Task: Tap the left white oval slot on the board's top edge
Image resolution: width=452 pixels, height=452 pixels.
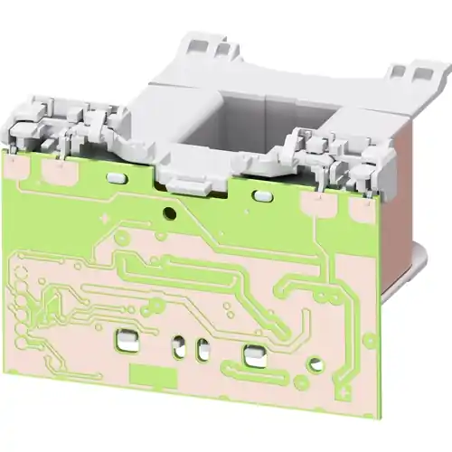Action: click(116, 178)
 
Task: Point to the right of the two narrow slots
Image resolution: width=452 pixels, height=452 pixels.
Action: click(203, 350)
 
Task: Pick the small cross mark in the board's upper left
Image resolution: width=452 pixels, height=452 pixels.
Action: click(105, 218)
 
